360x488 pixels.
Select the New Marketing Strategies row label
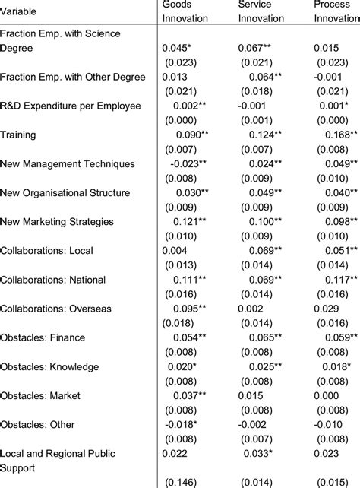58,221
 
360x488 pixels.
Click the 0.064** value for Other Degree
267,77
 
